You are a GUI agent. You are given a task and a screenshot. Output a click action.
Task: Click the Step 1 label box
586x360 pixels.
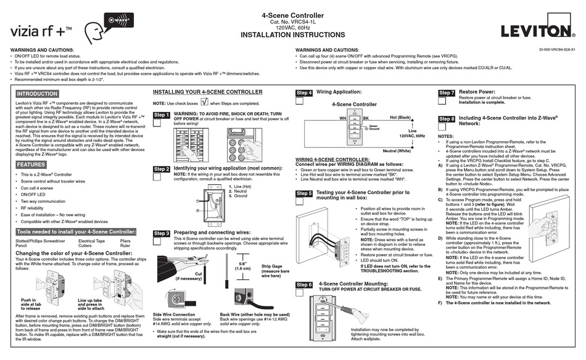click(161, 115)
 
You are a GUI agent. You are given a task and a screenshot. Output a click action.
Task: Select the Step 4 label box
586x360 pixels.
click(304, 93)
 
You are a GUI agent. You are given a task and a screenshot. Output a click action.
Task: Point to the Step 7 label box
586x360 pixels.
click(447, 93)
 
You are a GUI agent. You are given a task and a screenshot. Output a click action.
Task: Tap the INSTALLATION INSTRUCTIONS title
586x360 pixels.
click(292, 35)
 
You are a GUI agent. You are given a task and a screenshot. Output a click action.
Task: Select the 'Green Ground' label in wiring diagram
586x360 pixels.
click(373, 127)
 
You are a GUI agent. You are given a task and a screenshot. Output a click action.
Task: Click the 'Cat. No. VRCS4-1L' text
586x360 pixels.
click(292, 22)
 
